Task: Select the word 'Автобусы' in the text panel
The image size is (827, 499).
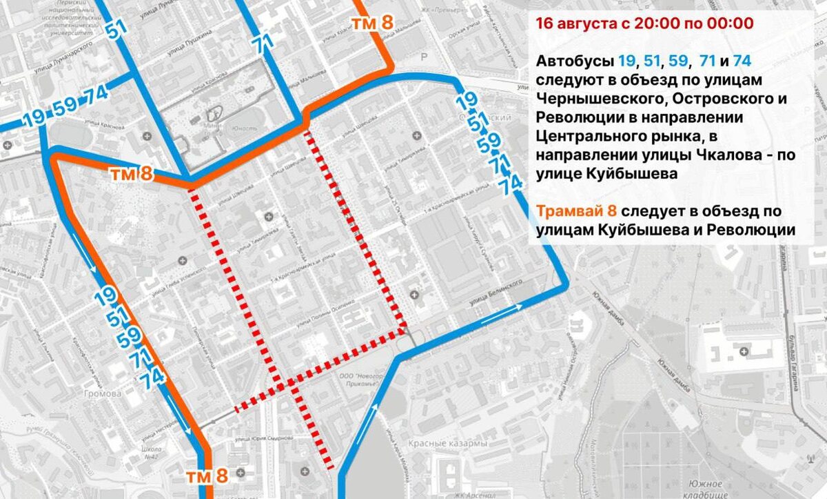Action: [x=573, y=60]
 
